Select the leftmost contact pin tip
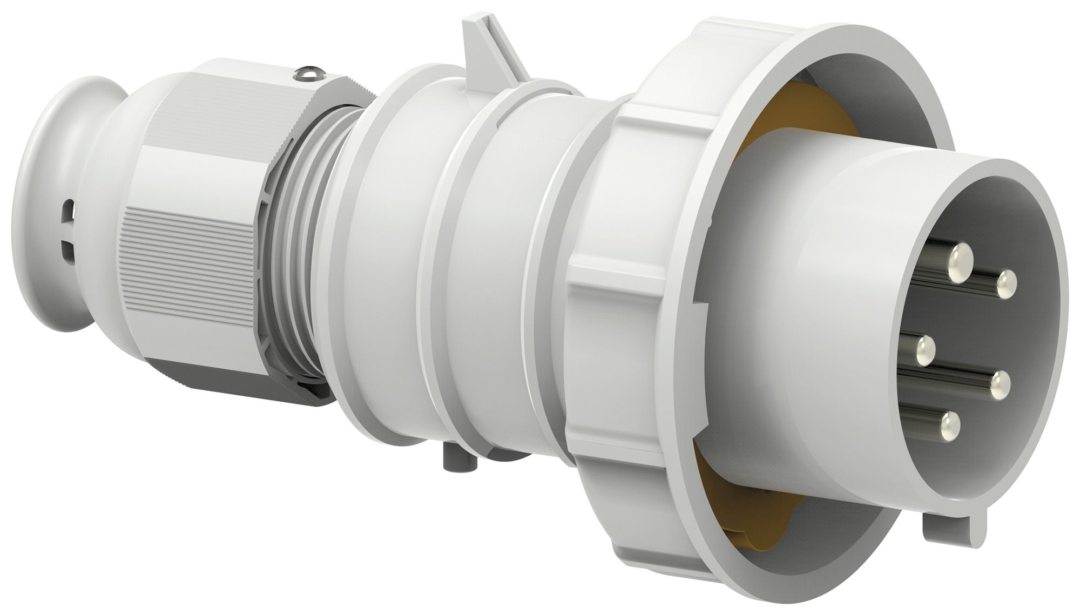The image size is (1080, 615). click(926, 351)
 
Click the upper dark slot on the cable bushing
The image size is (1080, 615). click(68, 208)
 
